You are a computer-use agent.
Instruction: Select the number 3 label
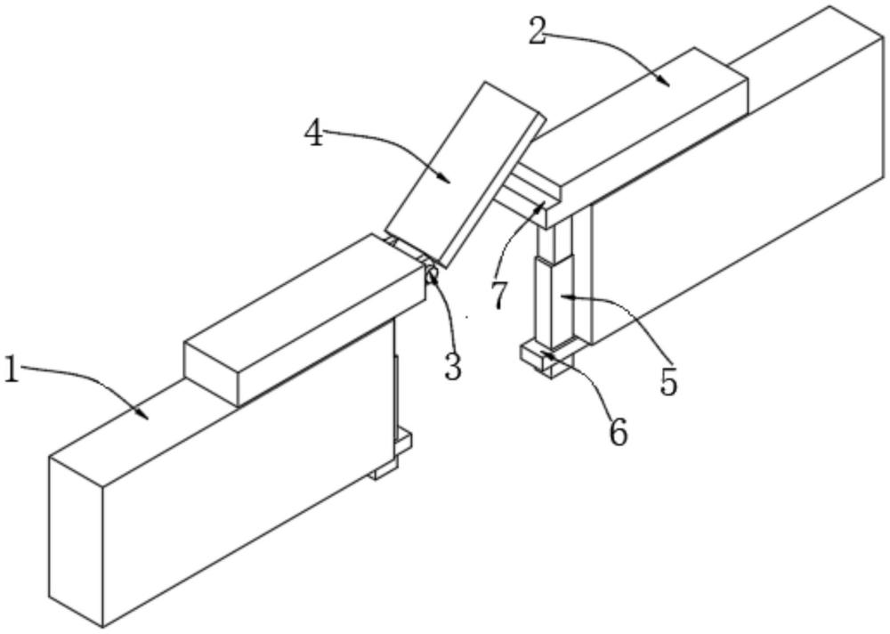[454, 366]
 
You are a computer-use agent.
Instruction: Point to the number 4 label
[314, 134]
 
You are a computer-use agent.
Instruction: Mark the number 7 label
[501, 294]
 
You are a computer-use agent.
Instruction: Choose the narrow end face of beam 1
[77, 543]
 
